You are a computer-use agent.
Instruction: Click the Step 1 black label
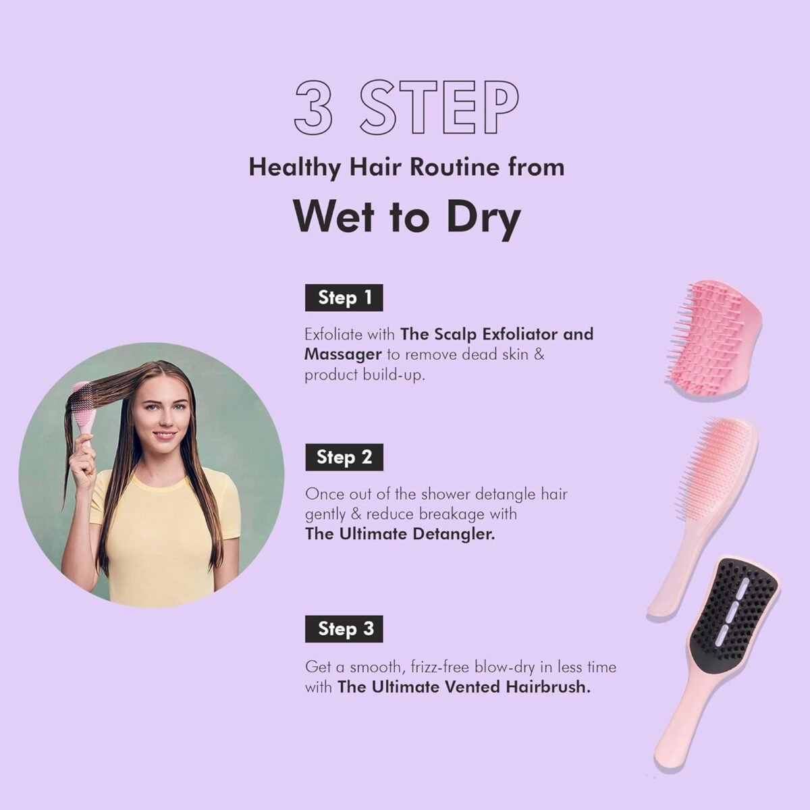(x=344, y=298)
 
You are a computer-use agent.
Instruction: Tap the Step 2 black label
(x=344, y=457)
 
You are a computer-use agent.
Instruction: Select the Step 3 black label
(x=344, y=629)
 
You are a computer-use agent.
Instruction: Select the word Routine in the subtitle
(x=455, y=167)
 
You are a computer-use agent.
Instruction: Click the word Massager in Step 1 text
(x=343, y=355)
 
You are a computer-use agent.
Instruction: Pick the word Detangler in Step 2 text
(x=454, y=534)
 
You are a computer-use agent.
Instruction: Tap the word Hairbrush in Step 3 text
(x=548, y=687)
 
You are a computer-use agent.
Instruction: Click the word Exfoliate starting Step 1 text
(x=333, y=335)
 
